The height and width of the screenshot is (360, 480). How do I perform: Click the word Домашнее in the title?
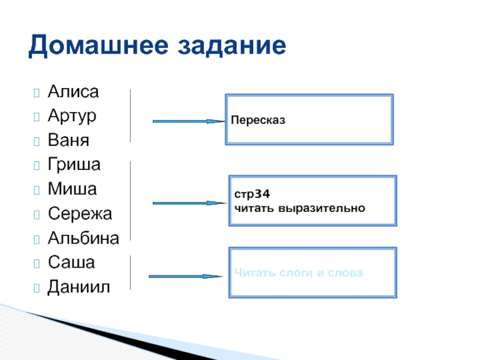[96, 46]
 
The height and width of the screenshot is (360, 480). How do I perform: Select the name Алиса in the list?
[73, 92]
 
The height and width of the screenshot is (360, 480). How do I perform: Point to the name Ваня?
[68, 141]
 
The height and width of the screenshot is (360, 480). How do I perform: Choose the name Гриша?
[74, 164]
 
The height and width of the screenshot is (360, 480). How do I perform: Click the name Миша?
[72, 189]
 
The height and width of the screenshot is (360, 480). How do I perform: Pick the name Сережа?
[79, 214]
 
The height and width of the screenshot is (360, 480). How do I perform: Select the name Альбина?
[83, 238]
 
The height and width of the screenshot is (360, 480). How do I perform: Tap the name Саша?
[71, 262]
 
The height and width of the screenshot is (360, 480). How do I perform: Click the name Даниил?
[79, 287]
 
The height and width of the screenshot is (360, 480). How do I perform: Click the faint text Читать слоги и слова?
[298, 273]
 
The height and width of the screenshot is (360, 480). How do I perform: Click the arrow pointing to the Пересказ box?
[188, 121]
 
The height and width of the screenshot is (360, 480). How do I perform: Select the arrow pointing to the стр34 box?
[188, 203]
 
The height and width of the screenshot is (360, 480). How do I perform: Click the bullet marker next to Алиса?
[37, 93]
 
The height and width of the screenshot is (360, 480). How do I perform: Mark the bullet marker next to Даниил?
[37, 287]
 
